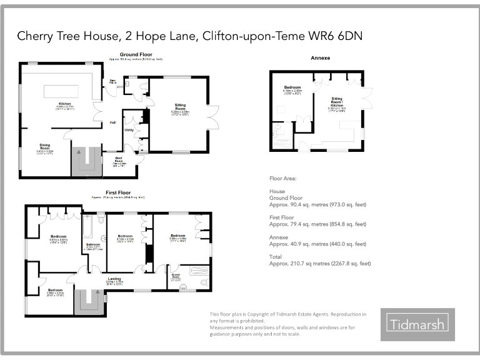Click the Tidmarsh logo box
pos(417,324)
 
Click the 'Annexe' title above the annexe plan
pos(320,57)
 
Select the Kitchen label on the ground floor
pos(66,104)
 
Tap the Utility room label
pos(129,129)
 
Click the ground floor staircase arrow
pos(79,151)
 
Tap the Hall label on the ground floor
pos(113,122)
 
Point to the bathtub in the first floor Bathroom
pos(87,222)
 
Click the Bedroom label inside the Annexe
pos(292,87)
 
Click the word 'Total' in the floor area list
pos(276,256)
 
